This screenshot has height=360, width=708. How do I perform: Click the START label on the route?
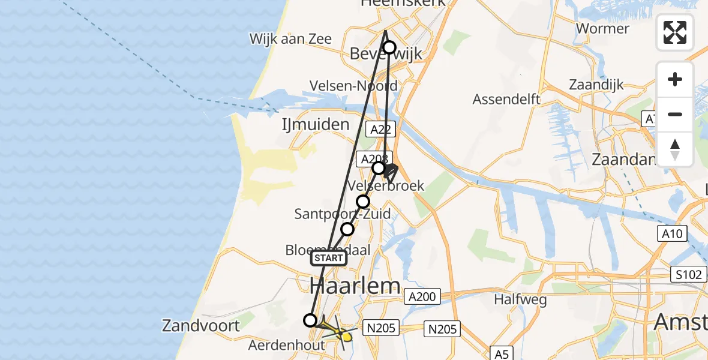click(x=329, y=258)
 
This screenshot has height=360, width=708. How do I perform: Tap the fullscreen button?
click(x=675, y=32)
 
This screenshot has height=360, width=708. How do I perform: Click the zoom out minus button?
click(x=675, y=114)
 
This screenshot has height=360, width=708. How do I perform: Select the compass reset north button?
click(x=675, y=149)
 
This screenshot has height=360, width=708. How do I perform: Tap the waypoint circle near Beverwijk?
click(x=389, y=47)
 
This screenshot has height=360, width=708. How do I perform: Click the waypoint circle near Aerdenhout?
click(x=310, y=320)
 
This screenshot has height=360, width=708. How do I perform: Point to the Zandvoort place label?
click(x=200, y=326)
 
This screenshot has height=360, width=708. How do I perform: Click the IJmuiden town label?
click(x=316, y=125)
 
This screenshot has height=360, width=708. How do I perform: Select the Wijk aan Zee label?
click(x=290, y=38)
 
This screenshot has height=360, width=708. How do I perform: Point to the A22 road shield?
click(x=381, y=129)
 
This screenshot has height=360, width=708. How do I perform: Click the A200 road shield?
click(x=422, y=296)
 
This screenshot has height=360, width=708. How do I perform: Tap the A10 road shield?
click(x=673, y=233)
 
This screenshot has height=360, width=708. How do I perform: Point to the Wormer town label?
click(x=602, y=28)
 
